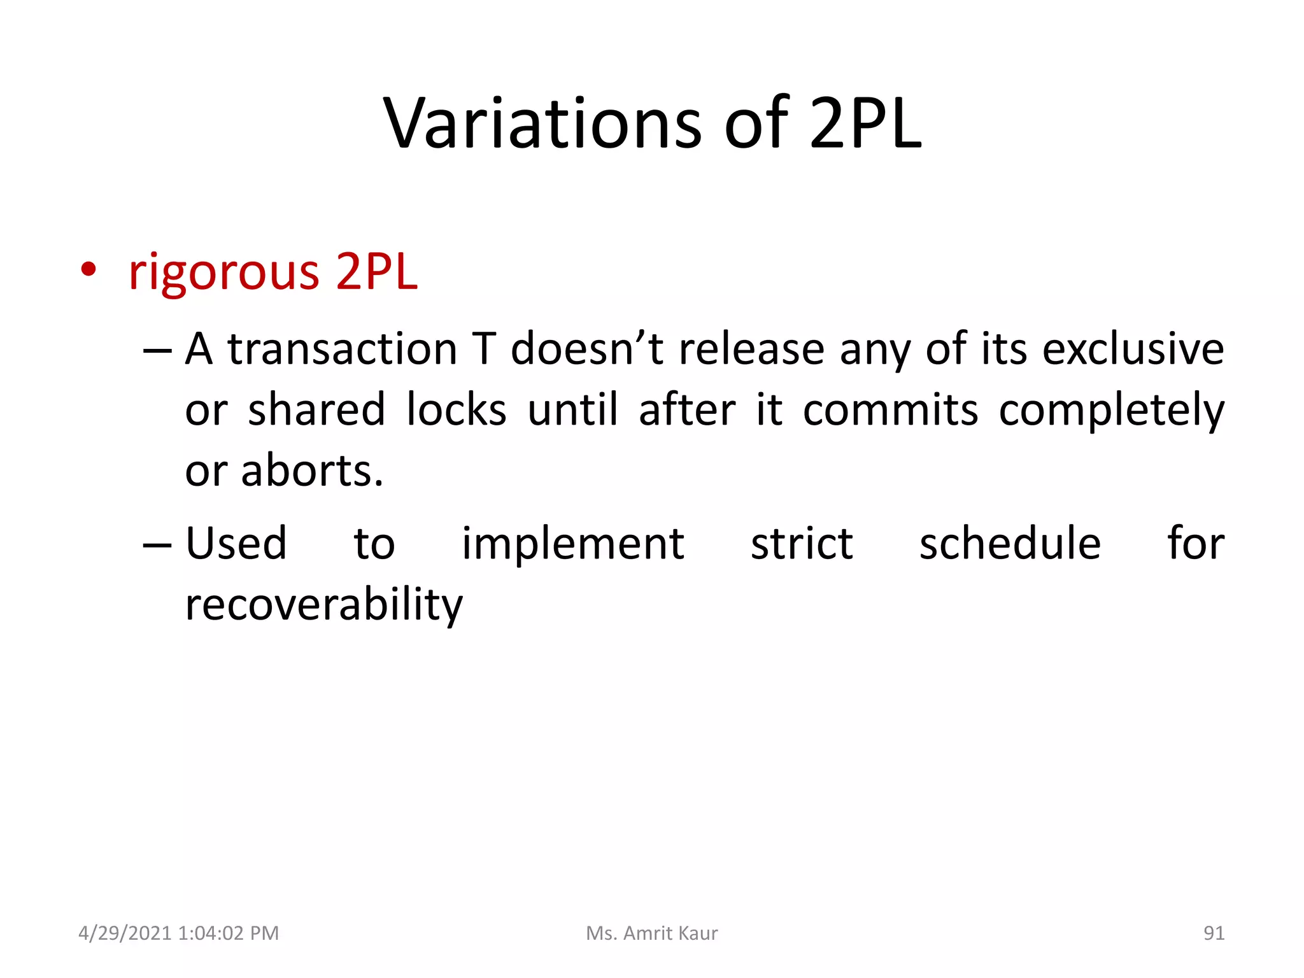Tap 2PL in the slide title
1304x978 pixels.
[865, 124]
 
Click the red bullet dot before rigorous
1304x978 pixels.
[89, 270]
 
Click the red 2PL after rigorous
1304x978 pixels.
[376, 272]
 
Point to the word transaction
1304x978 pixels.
[343, 350]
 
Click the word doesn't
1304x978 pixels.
[587, 350]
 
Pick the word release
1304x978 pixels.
[751, 350]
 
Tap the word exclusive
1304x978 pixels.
[1133, 350]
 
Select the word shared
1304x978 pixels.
[316, 410]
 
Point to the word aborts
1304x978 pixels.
[312, 471]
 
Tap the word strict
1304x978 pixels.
[802, 544]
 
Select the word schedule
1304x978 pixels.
[1010, 544]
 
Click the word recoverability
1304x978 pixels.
[323, 605]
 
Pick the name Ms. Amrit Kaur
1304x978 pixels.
[651, 933]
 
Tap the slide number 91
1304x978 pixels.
[1214, 933]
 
